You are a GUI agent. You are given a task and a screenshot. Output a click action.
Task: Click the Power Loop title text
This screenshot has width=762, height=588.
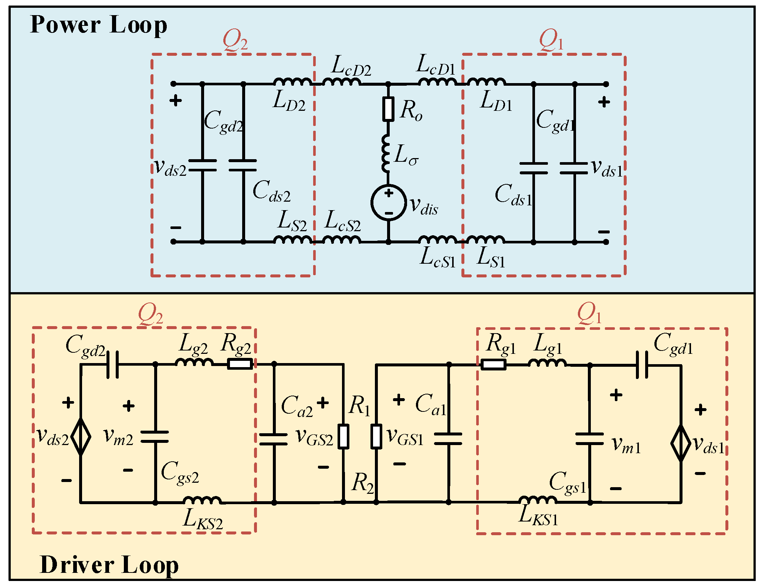(x=98, y=25)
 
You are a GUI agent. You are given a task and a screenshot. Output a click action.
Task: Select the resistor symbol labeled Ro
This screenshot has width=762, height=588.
(x=388, y=109)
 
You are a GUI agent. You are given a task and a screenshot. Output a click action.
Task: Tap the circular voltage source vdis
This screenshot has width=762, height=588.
(x=388, y=203)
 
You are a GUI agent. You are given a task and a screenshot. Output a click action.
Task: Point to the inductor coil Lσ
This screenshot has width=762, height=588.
(x=386, y=154)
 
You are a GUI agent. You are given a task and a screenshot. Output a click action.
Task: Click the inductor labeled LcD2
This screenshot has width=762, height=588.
(x=342, y=82)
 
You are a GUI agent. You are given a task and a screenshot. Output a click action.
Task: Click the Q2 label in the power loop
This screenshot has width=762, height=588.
(x=235, y=41)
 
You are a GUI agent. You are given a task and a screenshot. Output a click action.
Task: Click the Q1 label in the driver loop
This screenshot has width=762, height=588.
(x=589, y=314)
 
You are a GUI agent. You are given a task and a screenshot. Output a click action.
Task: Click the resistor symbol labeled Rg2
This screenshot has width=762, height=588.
(x=240, y=364)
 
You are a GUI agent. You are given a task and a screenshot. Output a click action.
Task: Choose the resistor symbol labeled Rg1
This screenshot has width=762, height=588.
(x=493, y=365)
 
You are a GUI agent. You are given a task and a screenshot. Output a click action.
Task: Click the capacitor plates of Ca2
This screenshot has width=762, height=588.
(x=274, y=439)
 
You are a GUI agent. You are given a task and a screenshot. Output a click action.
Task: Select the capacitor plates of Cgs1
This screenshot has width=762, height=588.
(x=590, y=439)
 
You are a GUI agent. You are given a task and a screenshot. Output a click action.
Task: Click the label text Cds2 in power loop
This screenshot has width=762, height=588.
(x=271, y=192)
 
